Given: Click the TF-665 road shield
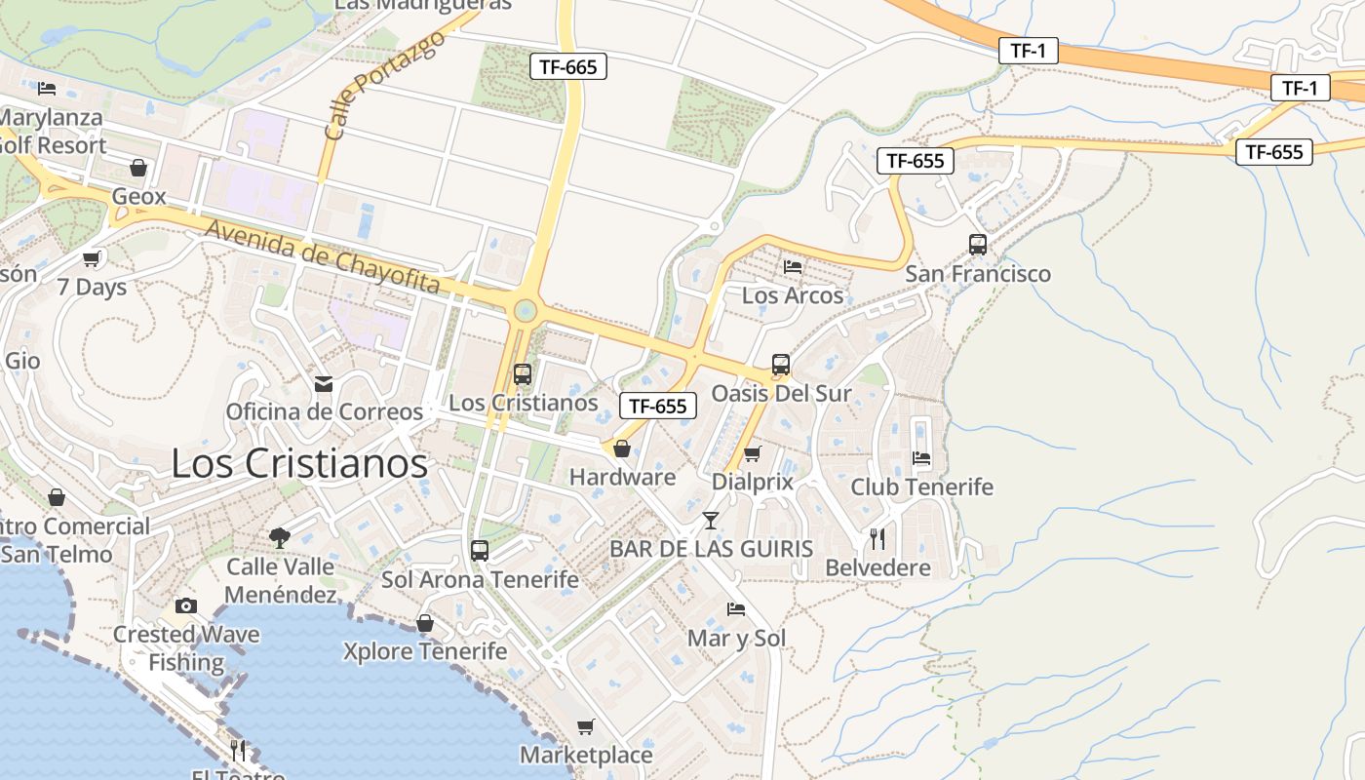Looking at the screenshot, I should pyautogui.click(x=568, y=66).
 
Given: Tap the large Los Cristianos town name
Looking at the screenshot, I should pyautogui.click(x=299, y=463).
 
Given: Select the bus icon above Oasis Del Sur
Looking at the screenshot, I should pyautogui.click(x=781, y=365).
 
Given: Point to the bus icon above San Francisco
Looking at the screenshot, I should pyautogui.click(x=978, y=245).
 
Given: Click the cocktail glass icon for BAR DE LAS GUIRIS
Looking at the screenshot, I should pyautogui.click(x=711, y=520).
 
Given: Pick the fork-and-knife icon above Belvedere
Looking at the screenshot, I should pyautogui.click(x=877, y=538).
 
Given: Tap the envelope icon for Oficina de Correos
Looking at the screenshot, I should pyautogui.click(x=324, y=384).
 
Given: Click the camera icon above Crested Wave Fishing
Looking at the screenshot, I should pyautogui.click(x=186, y=605).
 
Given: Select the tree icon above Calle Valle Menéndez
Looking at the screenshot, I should pyautogui.click(x=280, y=537).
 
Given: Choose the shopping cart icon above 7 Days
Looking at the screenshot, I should pyautogui.click(x=92, y=258).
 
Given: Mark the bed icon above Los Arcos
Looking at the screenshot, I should pyautogui.click(x=793, y=266).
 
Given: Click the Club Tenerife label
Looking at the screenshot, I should pyautogui.click(x=921, y=487).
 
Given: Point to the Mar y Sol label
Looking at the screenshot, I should pyautogui.click(x=736, y=639).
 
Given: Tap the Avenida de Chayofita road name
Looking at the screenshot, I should pyautogui.click(x=323, y=255).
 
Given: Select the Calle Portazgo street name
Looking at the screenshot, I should pyautogui.click(x=383, y=85).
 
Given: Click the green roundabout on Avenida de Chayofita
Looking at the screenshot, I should pyautogui.click(x=525, y=311).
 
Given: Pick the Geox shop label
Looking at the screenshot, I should pyautogui.click(x=138, y=196).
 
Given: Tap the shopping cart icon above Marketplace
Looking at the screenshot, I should pyautogui.click(x=585, y=726).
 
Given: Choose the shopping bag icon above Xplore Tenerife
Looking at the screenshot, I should pyautogui.click(x=425, y=622).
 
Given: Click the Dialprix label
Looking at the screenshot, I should pyautogui.click(x=752, y=482).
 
